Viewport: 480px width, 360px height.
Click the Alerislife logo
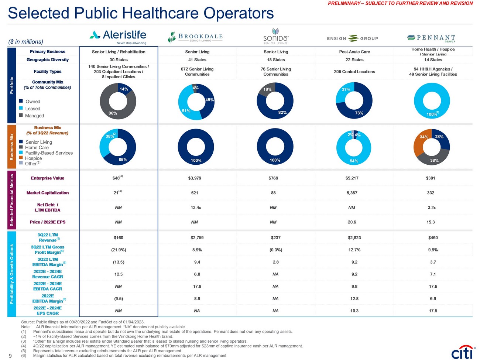[118, 36]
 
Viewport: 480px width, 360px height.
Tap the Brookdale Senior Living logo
[195, 37]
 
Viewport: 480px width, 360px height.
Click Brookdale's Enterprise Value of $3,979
[195, 178]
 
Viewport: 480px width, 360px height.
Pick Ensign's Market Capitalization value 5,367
[352, 193]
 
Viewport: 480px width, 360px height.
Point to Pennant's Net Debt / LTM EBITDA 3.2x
[431, 208]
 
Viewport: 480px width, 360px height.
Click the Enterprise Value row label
[48, 178]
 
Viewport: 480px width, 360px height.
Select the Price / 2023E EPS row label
[48, 222]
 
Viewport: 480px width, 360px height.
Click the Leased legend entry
[32, 109]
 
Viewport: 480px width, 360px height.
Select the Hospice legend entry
[33, 158]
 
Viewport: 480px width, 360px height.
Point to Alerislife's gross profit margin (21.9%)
[119, 250]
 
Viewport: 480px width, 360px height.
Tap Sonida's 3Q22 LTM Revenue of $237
[275, 238]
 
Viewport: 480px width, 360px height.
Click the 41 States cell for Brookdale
[197, 60]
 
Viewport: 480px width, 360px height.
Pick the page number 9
[10, 356]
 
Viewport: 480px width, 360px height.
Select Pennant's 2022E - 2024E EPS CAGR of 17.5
[433, 311]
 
